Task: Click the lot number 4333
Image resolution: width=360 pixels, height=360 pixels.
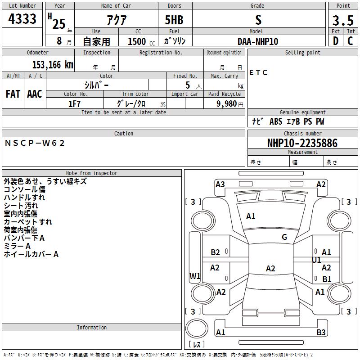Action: click(x=22, y=19)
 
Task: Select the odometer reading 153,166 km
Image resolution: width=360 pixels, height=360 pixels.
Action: click(x=52, y=65)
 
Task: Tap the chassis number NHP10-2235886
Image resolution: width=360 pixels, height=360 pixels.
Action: click(x=302, y=143)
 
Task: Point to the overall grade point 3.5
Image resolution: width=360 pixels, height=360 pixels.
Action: click(x=343, y=20)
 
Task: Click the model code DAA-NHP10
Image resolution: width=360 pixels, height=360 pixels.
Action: click(x=258, y=41)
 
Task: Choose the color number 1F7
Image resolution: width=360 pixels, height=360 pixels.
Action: click(x=74, y=104)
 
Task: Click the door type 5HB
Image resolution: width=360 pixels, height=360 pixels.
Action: click(x=174, y=20)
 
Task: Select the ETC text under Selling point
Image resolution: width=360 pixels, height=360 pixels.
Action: click(x=258, y=72)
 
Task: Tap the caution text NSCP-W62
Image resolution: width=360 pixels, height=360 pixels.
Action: click(x=35, y=143)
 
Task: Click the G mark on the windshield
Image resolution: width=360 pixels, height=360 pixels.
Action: click(x=284, y=237)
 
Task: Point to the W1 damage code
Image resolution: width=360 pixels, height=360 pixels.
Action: click(x=194, y=276)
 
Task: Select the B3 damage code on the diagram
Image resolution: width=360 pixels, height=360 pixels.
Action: click(x=321, y=333)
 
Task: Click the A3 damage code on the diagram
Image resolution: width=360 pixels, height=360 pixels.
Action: click(x=220, y=184)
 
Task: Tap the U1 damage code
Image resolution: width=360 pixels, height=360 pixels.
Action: click(x=316, y=260)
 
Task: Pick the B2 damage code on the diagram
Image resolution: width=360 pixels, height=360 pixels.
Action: click(x=215, y=252)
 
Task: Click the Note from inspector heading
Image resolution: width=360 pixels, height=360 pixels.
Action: click(x=91, y=173)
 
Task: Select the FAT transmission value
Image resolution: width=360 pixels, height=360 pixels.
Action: click(x=13, y=94)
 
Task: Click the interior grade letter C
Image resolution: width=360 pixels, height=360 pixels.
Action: click(x=351, y=41)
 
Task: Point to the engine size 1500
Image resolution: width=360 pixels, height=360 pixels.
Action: click(x=137, y=41)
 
